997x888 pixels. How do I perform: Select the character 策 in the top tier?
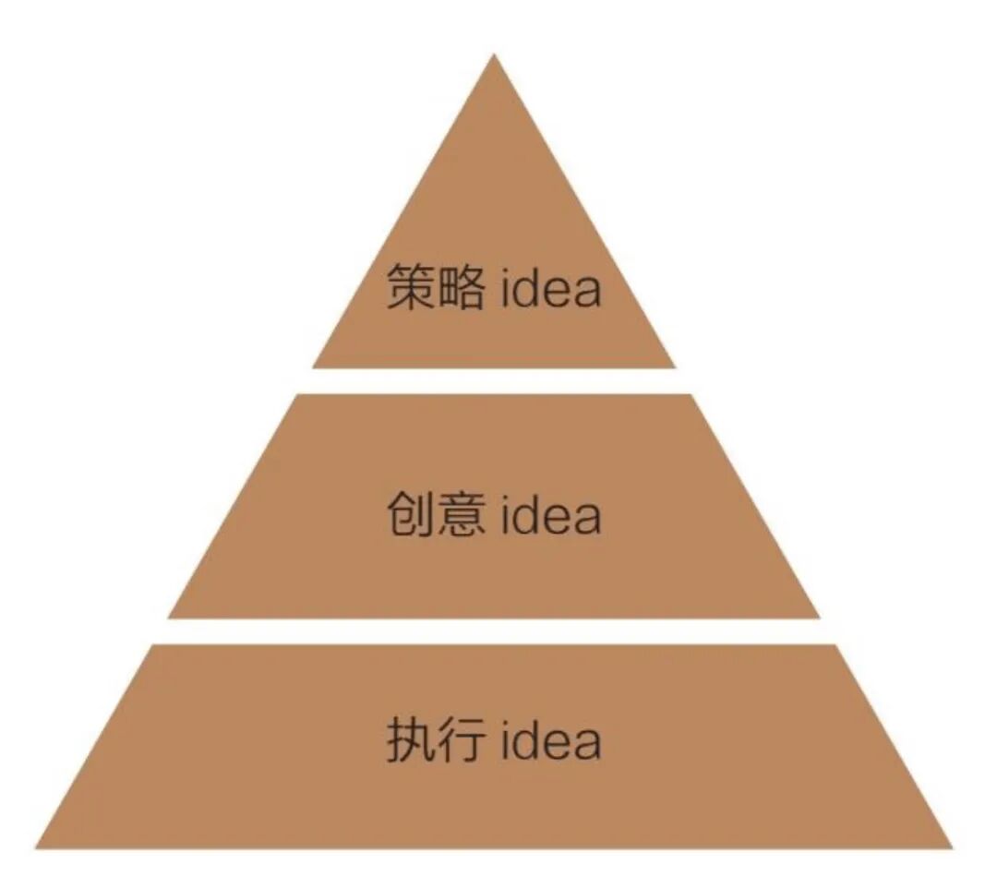[x=411, y=287]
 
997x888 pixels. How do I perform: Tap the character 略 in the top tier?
[x=461, y=287]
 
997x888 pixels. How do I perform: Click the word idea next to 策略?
[x=551, y=288]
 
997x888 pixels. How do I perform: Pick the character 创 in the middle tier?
[x=411, y=514]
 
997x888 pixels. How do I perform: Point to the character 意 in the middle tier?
[x=461, y=514]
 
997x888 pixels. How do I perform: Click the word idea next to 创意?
[x=551, y=515]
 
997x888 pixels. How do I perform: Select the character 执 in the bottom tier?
[x=411, y=739]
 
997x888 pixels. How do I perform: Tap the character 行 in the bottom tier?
[x=461, y=739]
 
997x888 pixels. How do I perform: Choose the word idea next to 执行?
[x=551, y=740]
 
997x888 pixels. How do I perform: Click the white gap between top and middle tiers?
[x=494, y=381]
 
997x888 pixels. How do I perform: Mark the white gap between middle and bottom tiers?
[x=494, y=631]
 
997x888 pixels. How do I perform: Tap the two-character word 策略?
[x=436, y=287]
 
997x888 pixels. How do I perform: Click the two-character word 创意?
[x=436, y=514]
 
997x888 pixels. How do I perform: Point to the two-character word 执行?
[x=436, y=739]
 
